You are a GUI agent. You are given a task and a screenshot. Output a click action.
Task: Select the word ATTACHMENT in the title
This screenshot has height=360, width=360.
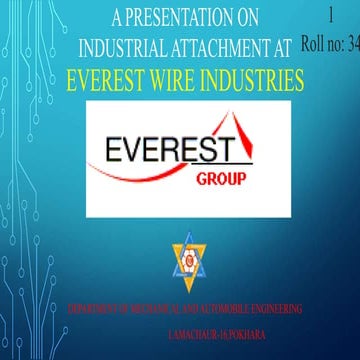coord(215,46)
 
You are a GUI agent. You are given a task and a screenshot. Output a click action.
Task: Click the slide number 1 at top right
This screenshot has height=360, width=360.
coord(331,17)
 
